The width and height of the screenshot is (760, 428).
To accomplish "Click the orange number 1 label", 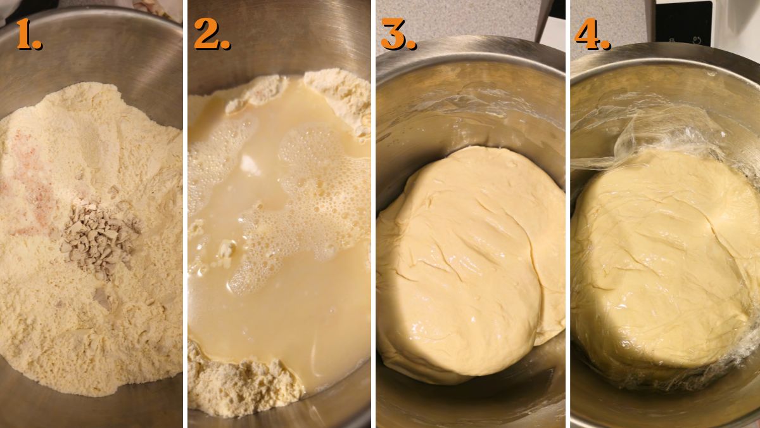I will click(28, 34).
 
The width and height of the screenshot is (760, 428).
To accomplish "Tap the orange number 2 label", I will click(212, 34).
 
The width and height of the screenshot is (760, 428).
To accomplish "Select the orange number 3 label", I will click(398, 34).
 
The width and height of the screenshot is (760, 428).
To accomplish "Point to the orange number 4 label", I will click(592, 34).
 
